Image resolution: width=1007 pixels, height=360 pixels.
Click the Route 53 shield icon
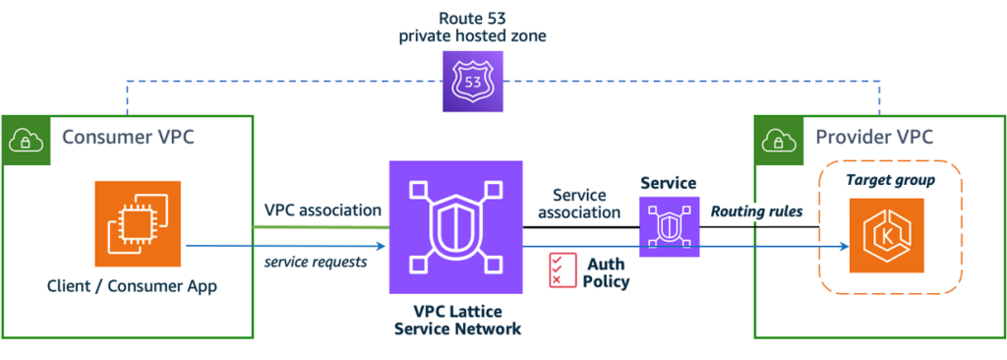(x=473, y=82)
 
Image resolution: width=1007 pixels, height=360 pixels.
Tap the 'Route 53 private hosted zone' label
(x=473, y=28)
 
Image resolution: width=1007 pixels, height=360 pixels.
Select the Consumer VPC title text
(x=128, y=137)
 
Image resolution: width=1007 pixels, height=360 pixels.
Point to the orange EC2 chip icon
(x=139, y=223)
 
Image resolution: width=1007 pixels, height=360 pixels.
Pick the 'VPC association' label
(x=323, y=210)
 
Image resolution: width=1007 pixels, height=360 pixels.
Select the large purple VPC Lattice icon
(x=454, y=228)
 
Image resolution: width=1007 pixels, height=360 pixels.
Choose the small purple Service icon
(x=669, y=226)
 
